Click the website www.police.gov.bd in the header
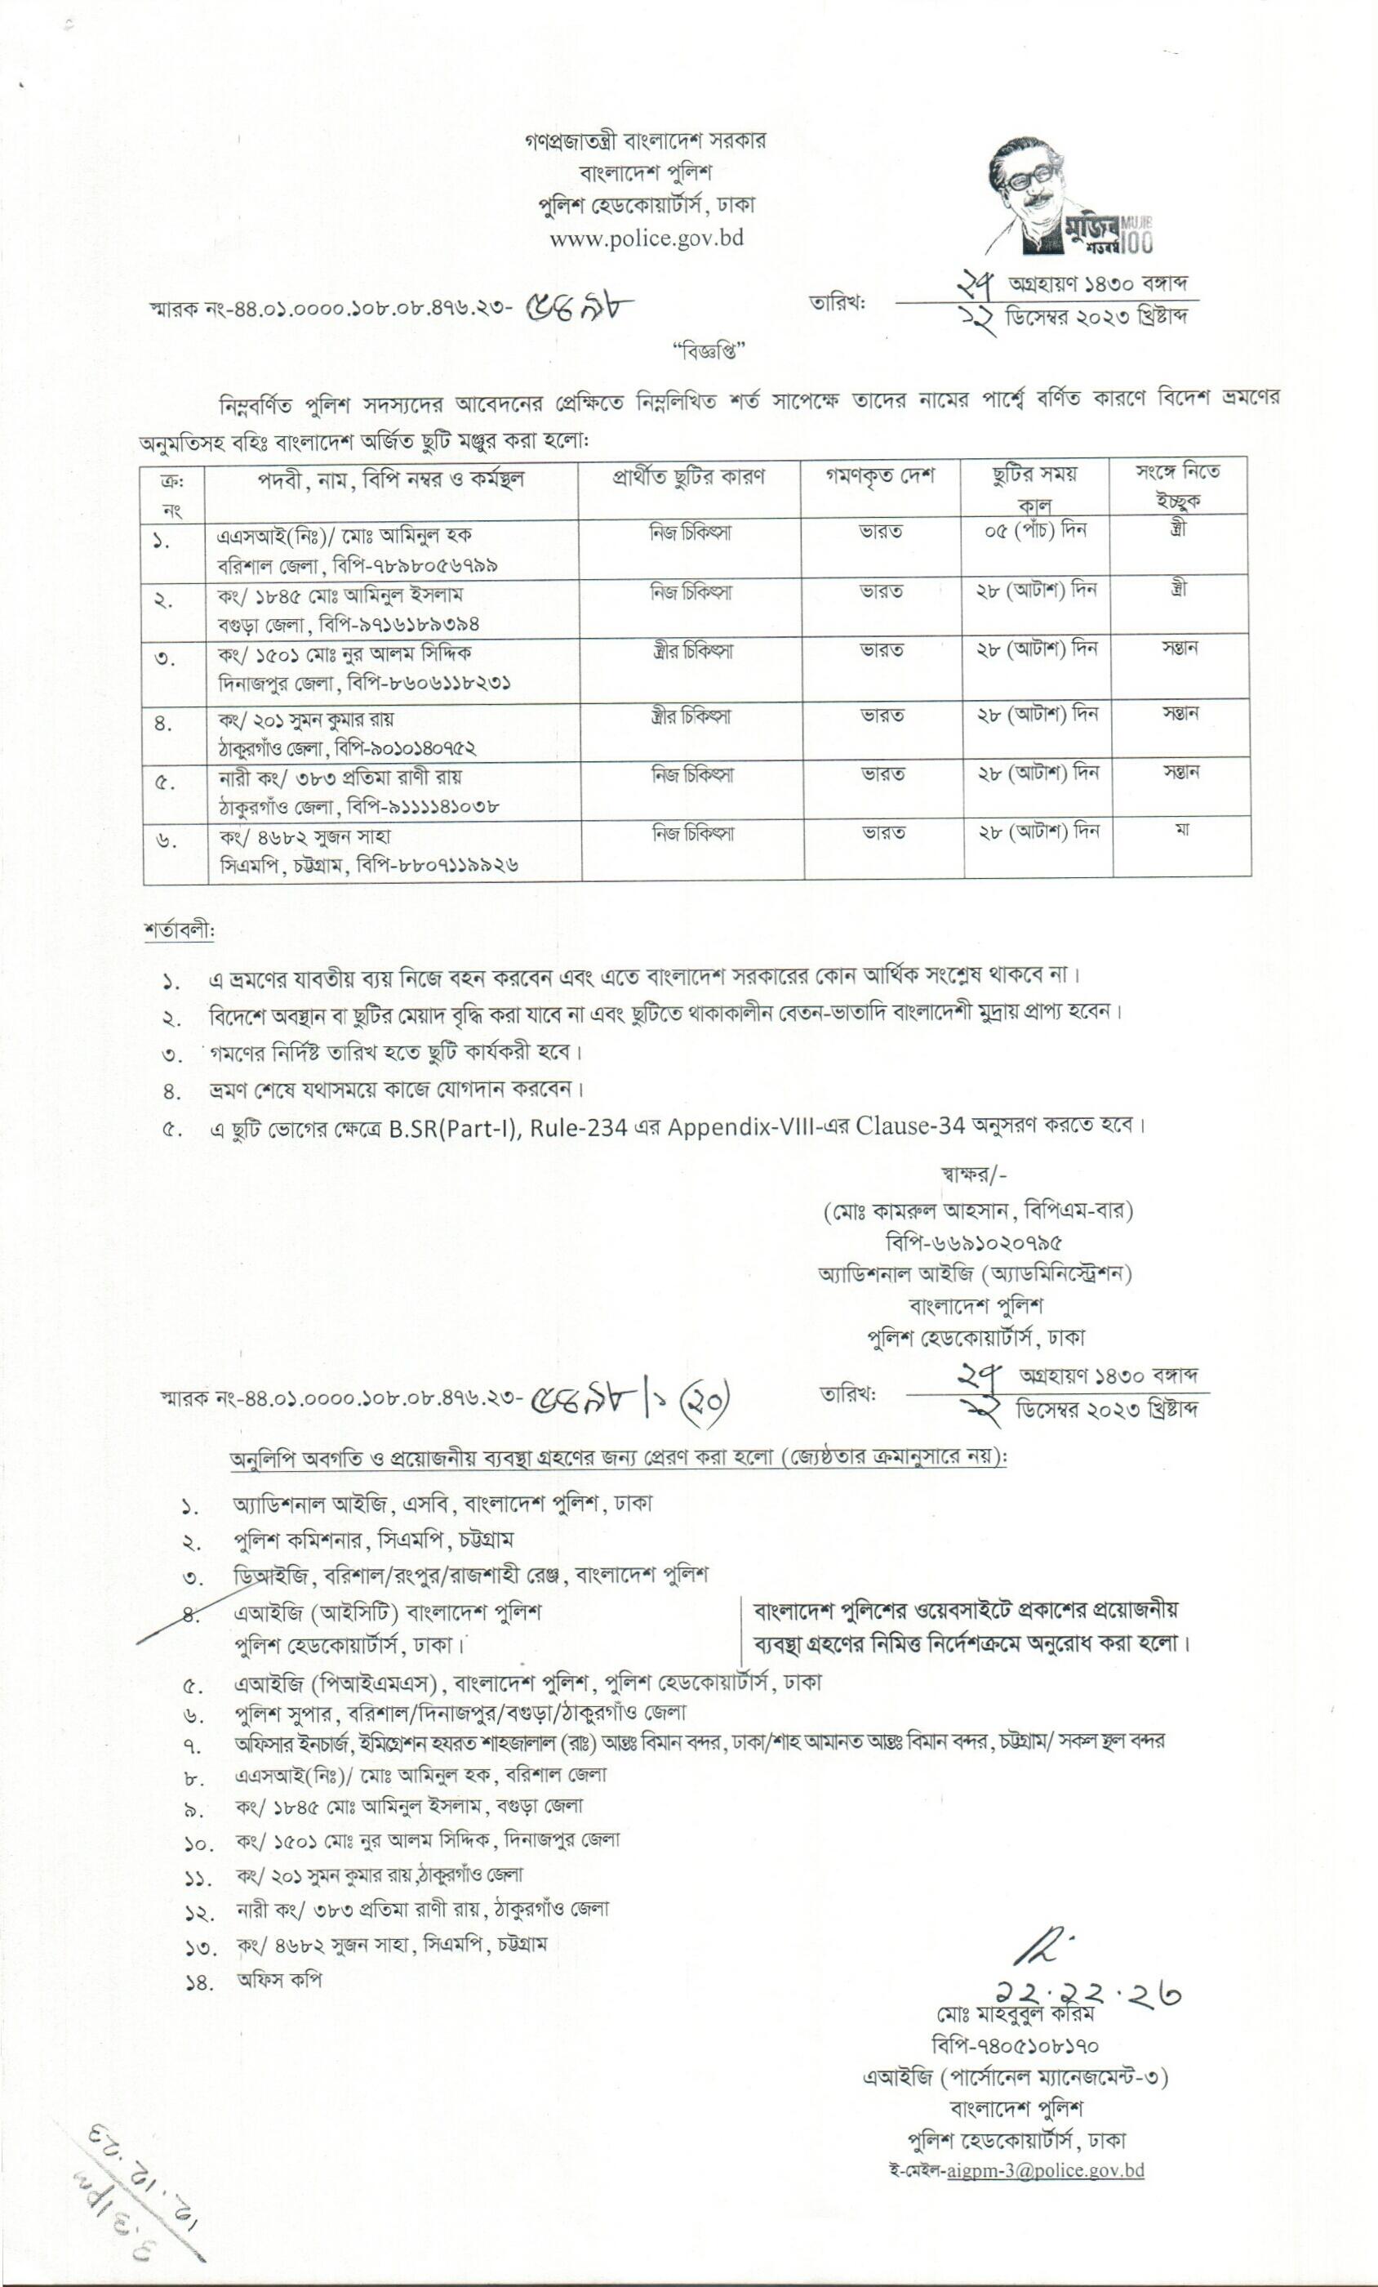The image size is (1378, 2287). [646, 239]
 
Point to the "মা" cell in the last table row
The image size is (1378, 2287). [1181, 828]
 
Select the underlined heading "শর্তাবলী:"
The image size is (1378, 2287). [179, 930]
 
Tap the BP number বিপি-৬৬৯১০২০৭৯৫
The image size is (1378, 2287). [975, 1242]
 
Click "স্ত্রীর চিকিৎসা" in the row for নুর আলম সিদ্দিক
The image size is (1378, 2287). [691, 652]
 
